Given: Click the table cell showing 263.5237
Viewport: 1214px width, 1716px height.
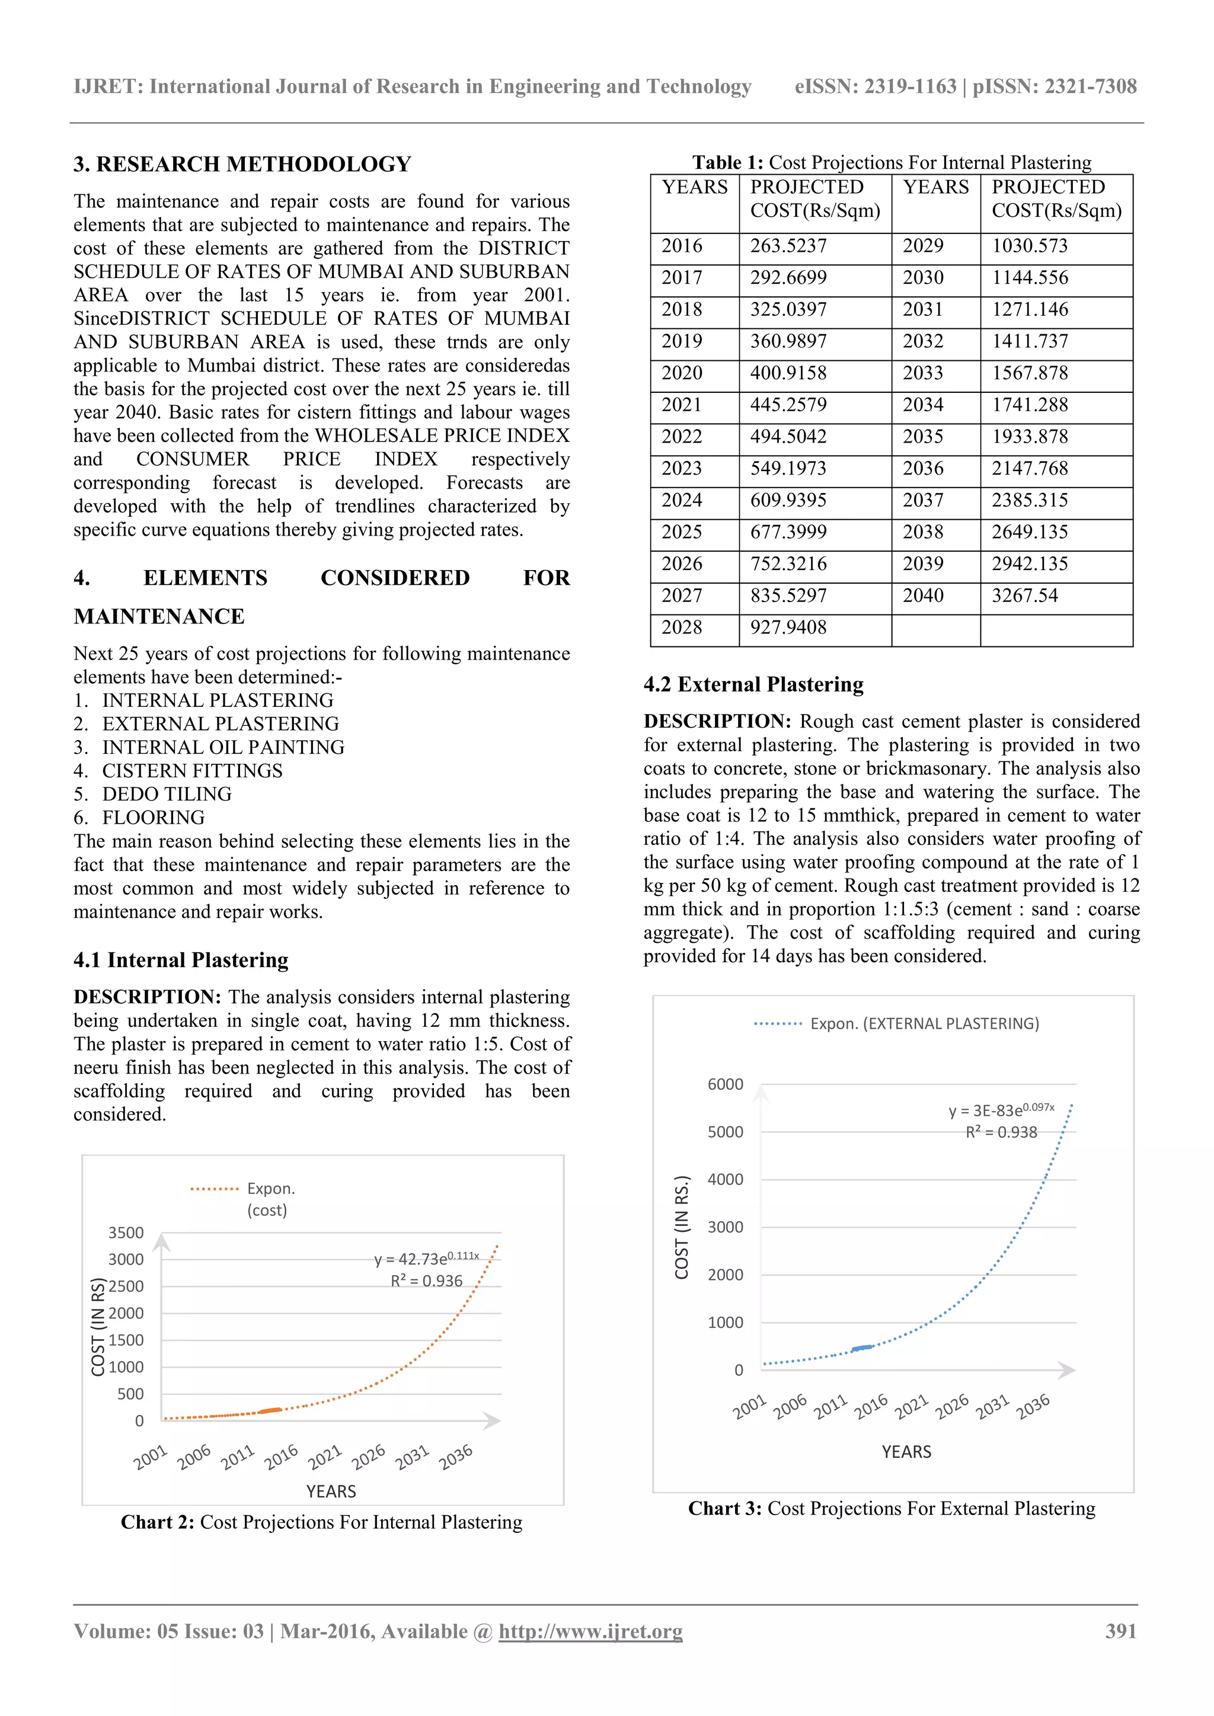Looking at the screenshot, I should coord(788,246).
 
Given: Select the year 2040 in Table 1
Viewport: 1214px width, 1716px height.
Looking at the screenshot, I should coord(922,596).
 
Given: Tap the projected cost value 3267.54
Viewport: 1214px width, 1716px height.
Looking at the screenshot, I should coord(1024,596).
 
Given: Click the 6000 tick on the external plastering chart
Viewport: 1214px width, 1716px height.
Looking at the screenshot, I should coord(725,1084).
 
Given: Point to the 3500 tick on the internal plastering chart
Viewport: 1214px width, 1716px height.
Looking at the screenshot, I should coord(126,1232).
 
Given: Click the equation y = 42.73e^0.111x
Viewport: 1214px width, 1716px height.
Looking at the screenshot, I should coord(426,1259).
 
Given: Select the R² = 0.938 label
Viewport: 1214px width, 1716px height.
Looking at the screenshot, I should coord(1001,1132).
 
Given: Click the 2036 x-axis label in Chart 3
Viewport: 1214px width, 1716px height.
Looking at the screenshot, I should coord(1033,1407).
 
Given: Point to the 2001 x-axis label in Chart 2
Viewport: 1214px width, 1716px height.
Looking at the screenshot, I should coord(150,1458).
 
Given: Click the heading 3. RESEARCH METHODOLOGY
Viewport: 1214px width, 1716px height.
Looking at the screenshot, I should coord(242,164).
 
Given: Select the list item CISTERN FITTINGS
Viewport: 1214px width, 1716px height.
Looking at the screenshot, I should coord(192,770).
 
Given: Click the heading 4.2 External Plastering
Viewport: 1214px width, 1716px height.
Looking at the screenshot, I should coord(753,684).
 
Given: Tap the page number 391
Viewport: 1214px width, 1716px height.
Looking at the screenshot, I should coord(1120,1631).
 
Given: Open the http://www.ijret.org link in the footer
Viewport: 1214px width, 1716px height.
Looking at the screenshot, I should coord(590,1631).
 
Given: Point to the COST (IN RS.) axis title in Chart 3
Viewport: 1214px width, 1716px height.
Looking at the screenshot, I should coord(681,1227).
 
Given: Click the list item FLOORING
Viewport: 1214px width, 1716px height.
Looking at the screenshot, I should coord(154,818).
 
